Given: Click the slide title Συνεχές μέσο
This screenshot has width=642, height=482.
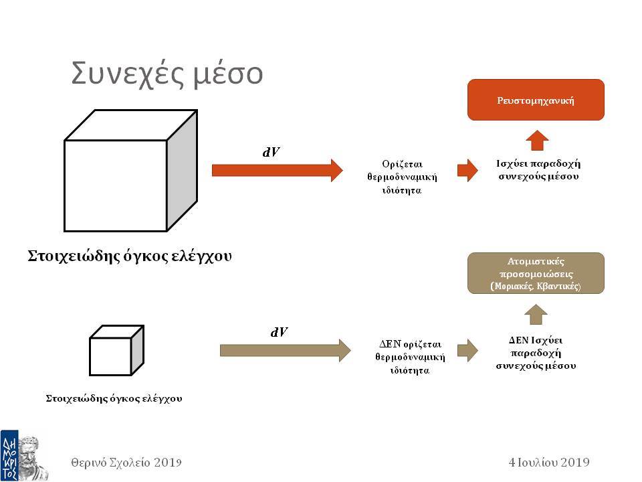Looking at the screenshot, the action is (167, 74).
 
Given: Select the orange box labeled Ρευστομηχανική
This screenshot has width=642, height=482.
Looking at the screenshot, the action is (536, 100).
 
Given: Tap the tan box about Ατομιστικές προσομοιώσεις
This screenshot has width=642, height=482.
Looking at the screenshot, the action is (536, 273).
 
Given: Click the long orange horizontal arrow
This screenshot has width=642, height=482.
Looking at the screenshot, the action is (277, 170).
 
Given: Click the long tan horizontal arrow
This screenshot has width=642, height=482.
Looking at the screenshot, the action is (286, 350).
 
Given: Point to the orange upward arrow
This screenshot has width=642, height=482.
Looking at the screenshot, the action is (537, 141).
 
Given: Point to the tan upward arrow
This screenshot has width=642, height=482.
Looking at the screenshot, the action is (536, 315).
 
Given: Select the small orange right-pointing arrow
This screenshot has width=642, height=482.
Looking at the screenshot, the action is (467, 169).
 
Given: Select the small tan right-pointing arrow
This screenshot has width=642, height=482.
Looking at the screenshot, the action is (467, 350).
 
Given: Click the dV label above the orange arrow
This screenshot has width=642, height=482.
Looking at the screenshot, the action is (271, 152).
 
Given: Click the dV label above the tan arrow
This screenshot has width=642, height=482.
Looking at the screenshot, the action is (279, 331).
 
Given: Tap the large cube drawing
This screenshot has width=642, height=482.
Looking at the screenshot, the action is (131, 171).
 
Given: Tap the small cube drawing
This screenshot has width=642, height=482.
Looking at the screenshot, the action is (116, 350).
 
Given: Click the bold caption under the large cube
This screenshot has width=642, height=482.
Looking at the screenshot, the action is (130, 256).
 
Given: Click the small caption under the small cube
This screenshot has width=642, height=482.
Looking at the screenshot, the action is (114, 398).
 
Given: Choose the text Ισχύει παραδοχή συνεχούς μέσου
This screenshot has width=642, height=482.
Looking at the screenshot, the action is (538, 170).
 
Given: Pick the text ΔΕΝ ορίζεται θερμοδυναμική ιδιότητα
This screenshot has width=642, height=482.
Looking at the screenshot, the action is (410, 357).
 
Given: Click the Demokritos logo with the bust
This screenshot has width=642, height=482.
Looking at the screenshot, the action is (25, 455).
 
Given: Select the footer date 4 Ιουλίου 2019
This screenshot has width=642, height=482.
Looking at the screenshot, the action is (549, 463).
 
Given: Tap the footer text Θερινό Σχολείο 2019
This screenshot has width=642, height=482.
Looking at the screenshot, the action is (126, 463).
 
